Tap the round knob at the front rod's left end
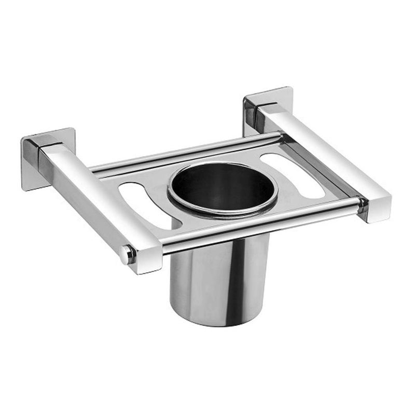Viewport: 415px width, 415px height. coord(126,254)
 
